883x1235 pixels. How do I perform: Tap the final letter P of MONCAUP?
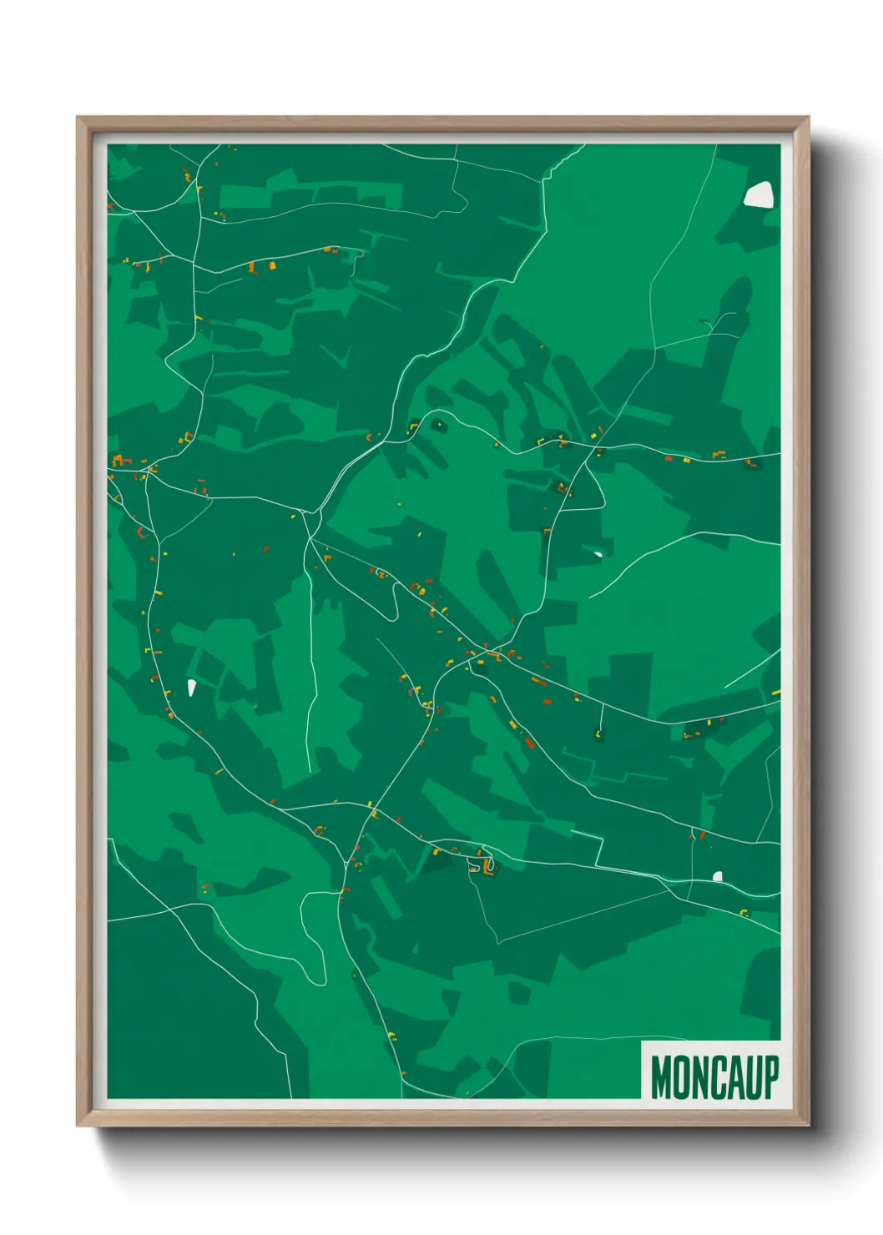click(771, 1077)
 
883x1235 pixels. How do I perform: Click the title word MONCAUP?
click(715, 1077)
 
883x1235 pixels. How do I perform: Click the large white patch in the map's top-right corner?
click(759, 194)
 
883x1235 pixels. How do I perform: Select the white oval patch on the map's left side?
click(191, 688)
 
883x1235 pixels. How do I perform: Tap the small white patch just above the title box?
click(717, 876)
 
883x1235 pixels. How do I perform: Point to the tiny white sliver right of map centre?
click(598, 553)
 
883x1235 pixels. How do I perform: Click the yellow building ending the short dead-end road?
click(598, 733)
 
